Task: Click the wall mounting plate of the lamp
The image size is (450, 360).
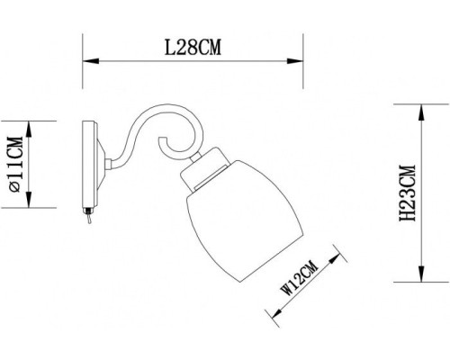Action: coord(91,164)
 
